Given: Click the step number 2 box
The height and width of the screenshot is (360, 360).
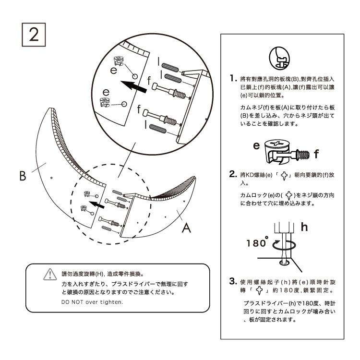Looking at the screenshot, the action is (x=34, y=35).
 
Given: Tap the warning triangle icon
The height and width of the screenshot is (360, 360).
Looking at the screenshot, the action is (x=50, y=275).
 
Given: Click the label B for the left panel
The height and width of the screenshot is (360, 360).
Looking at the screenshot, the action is (x=23, y=176).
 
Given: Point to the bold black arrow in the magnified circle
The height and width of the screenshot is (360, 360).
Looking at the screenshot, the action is (x=134, y=87).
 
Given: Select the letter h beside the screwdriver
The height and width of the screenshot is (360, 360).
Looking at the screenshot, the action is (x=304, y=227).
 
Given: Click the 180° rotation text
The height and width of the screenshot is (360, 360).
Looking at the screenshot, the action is (x=257, y=242).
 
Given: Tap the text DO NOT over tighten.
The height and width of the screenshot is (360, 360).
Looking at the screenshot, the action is (x=92, y=302).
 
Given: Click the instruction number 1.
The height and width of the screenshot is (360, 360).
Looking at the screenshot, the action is (x=233, y=78).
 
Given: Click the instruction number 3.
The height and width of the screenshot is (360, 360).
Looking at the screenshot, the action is (x=233, y=281).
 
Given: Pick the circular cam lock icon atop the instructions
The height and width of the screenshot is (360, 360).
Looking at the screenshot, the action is (x=279, y=58).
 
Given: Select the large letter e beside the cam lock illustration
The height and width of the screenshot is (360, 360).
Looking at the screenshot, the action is (x=256, y=145).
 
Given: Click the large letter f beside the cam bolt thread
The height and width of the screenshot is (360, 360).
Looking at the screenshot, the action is (x=316, y=154).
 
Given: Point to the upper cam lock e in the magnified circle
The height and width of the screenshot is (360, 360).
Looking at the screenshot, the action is (x=119, y=60).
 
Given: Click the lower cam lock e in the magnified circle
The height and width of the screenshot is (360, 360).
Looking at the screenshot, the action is (x=105, y=102).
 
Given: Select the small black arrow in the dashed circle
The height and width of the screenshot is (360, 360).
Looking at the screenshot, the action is (x=96, y=204).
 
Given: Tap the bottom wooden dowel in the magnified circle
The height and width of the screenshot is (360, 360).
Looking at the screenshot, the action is (x=158, y=128).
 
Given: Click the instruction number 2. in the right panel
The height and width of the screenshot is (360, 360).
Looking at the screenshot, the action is (x=233, y=174).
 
